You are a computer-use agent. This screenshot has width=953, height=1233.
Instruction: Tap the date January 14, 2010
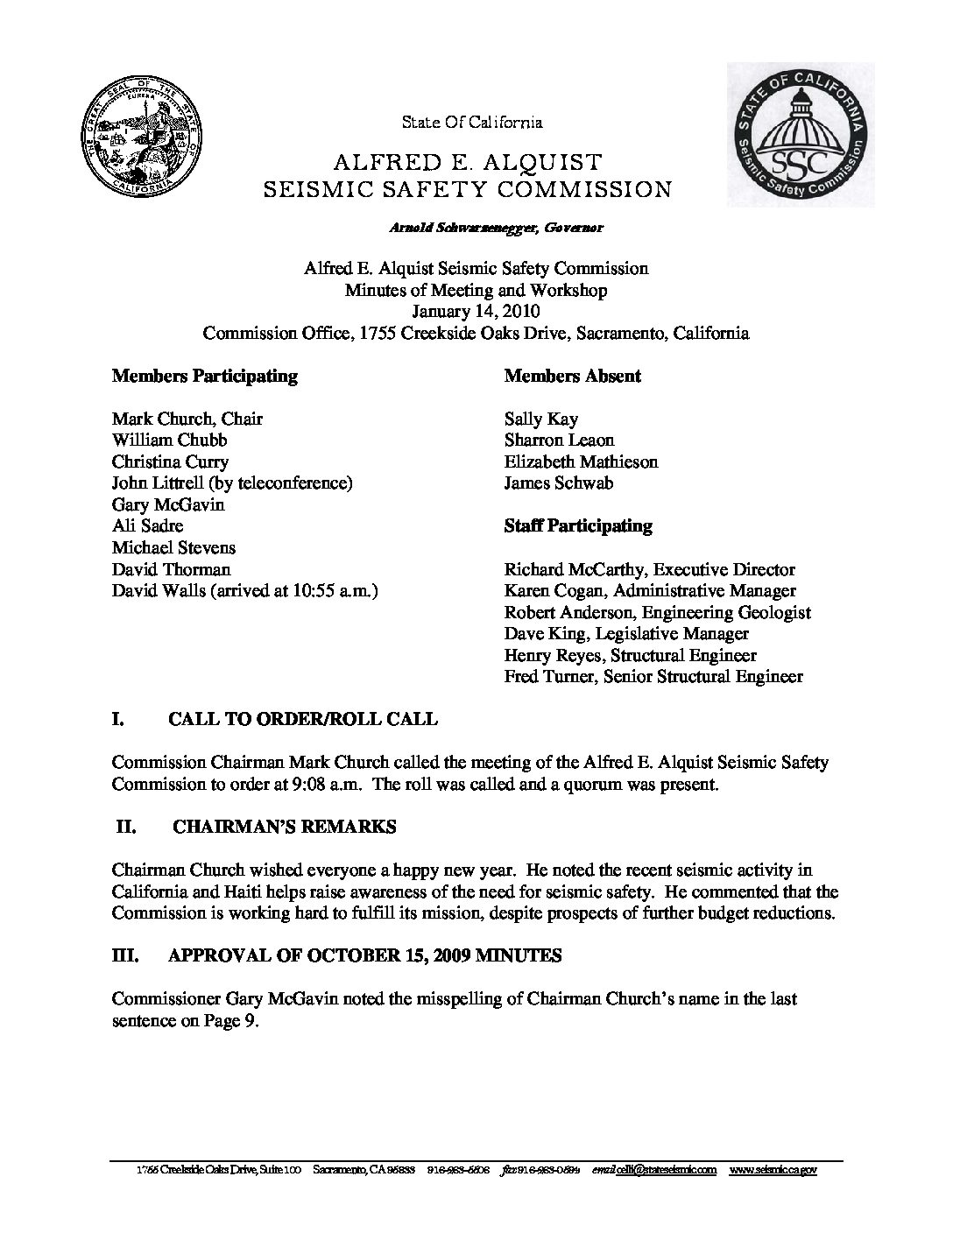click(476, 312)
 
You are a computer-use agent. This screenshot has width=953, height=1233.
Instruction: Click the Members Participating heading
click(204, 377)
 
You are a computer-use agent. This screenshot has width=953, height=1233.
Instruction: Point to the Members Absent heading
click(572, 377)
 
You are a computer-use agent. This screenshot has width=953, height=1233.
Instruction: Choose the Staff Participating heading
click(578, 526)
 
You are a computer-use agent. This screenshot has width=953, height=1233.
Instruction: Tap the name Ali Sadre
click(147, 526)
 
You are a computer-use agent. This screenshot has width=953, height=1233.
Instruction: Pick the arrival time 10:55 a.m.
click(337, 591)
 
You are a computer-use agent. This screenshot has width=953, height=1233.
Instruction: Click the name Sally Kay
click(540, 419)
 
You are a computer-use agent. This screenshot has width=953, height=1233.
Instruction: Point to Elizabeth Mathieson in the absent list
click(581, 462)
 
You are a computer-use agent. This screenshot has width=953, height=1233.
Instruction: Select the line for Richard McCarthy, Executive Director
click(649, 570)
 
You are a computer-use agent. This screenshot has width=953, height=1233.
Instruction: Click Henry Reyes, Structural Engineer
click(630, 656)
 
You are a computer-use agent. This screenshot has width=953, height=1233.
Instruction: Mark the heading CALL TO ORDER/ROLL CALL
click(302, 720)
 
